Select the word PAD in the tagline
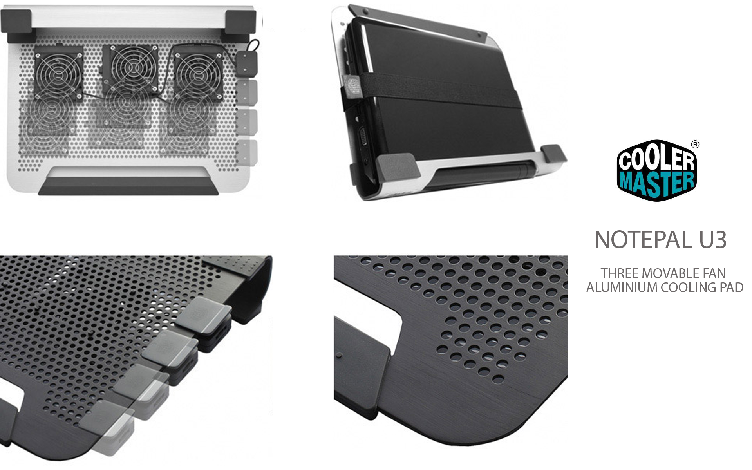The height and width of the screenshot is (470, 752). [732, 287]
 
